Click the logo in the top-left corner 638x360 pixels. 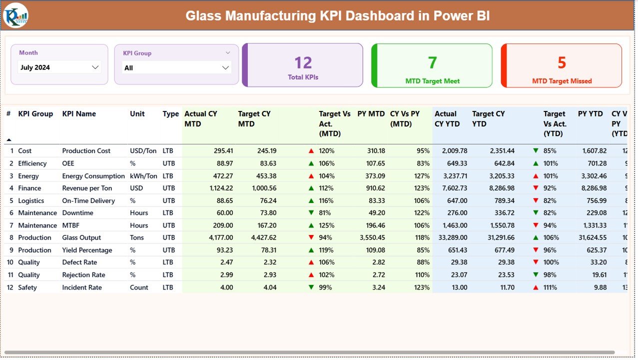click(x=15, y=15)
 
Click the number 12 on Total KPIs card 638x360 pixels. click(x=303, y=63)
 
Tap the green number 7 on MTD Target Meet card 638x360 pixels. click(x=432, y=63)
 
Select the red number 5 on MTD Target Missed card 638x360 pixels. click(x=562, y=63)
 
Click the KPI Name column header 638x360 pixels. click(x=79, y=114)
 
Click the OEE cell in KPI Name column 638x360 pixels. click(x=68, y=163)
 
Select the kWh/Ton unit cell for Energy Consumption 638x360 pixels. click(x=143, y=176)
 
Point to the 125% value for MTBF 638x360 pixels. click(x=327, y=225)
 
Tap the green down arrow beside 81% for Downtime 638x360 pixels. click(x=311, y=213)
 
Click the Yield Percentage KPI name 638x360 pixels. click(x=87, y=250)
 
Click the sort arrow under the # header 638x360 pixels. click(x=8, y=140)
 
